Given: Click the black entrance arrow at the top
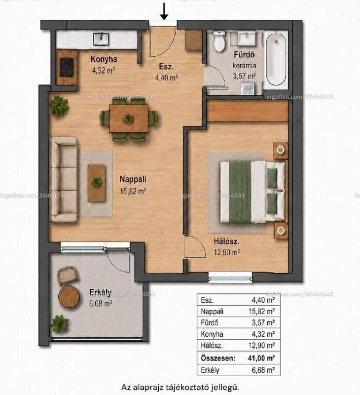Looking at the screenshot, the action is click(x=164, y=11).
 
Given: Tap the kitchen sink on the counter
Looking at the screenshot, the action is click(x=102, y=39).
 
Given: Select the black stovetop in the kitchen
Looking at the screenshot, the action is click(x=67, y=67).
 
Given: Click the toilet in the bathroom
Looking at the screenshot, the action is click(x=219, y=41).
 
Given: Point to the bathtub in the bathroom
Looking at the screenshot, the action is click(x=276, y=59).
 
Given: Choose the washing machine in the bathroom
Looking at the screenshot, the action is click(x=247, y=88).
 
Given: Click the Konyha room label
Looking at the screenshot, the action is click(x=104, y=59).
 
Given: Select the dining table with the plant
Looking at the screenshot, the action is click(x=129, y=118).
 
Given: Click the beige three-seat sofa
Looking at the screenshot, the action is click(x=64, y=179).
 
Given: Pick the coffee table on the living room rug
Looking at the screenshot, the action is click(x=97, y=183).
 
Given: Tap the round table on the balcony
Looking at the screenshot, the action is click(x=69, y=297).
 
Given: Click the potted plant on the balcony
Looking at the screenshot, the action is click(x=60, y=324).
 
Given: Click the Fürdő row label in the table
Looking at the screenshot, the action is click(x=209, y=323).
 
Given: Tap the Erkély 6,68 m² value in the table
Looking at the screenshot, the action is click(x=263, y=370).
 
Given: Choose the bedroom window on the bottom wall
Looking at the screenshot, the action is click(x=230, y=278).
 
